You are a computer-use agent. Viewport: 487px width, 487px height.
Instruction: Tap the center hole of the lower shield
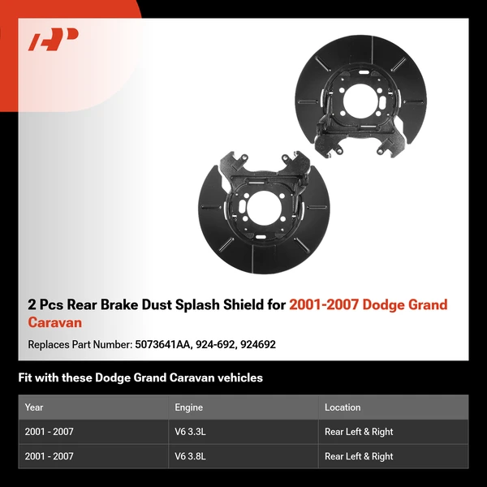[264, 208]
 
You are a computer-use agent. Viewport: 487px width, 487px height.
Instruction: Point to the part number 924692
[258, 344]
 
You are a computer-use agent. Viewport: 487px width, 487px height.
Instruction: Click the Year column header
[34, 407]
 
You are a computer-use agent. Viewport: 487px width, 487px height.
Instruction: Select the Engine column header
[188, 407]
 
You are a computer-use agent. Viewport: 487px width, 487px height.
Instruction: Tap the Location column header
[343, 407]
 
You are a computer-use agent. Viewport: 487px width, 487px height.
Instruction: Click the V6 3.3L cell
[191, 432]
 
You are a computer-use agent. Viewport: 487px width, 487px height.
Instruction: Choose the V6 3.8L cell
[191, 456]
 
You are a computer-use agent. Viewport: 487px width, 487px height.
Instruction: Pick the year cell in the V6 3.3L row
[49, 432]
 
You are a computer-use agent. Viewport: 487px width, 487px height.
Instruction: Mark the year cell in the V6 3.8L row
[49, 456]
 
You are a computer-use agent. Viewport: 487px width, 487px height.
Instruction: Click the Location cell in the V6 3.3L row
[359, 432]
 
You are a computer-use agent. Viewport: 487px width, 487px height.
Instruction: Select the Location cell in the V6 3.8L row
[359, 456]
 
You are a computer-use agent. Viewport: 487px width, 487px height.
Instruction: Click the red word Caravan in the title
[55, 322]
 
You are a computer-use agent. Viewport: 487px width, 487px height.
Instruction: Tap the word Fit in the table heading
[25, 378]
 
